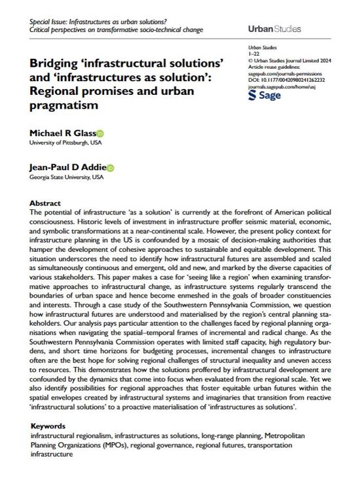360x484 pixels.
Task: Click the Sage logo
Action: (x=265, y=95)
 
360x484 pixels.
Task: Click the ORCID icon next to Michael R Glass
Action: (x=100, y=133)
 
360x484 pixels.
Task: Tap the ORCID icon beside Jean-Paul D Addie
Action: (x=110, y=167)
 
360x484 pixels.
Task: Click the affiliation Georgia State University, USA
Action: (x=67, y=177)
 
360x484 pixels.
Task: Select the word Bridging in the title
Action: (x=55, y=65)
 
